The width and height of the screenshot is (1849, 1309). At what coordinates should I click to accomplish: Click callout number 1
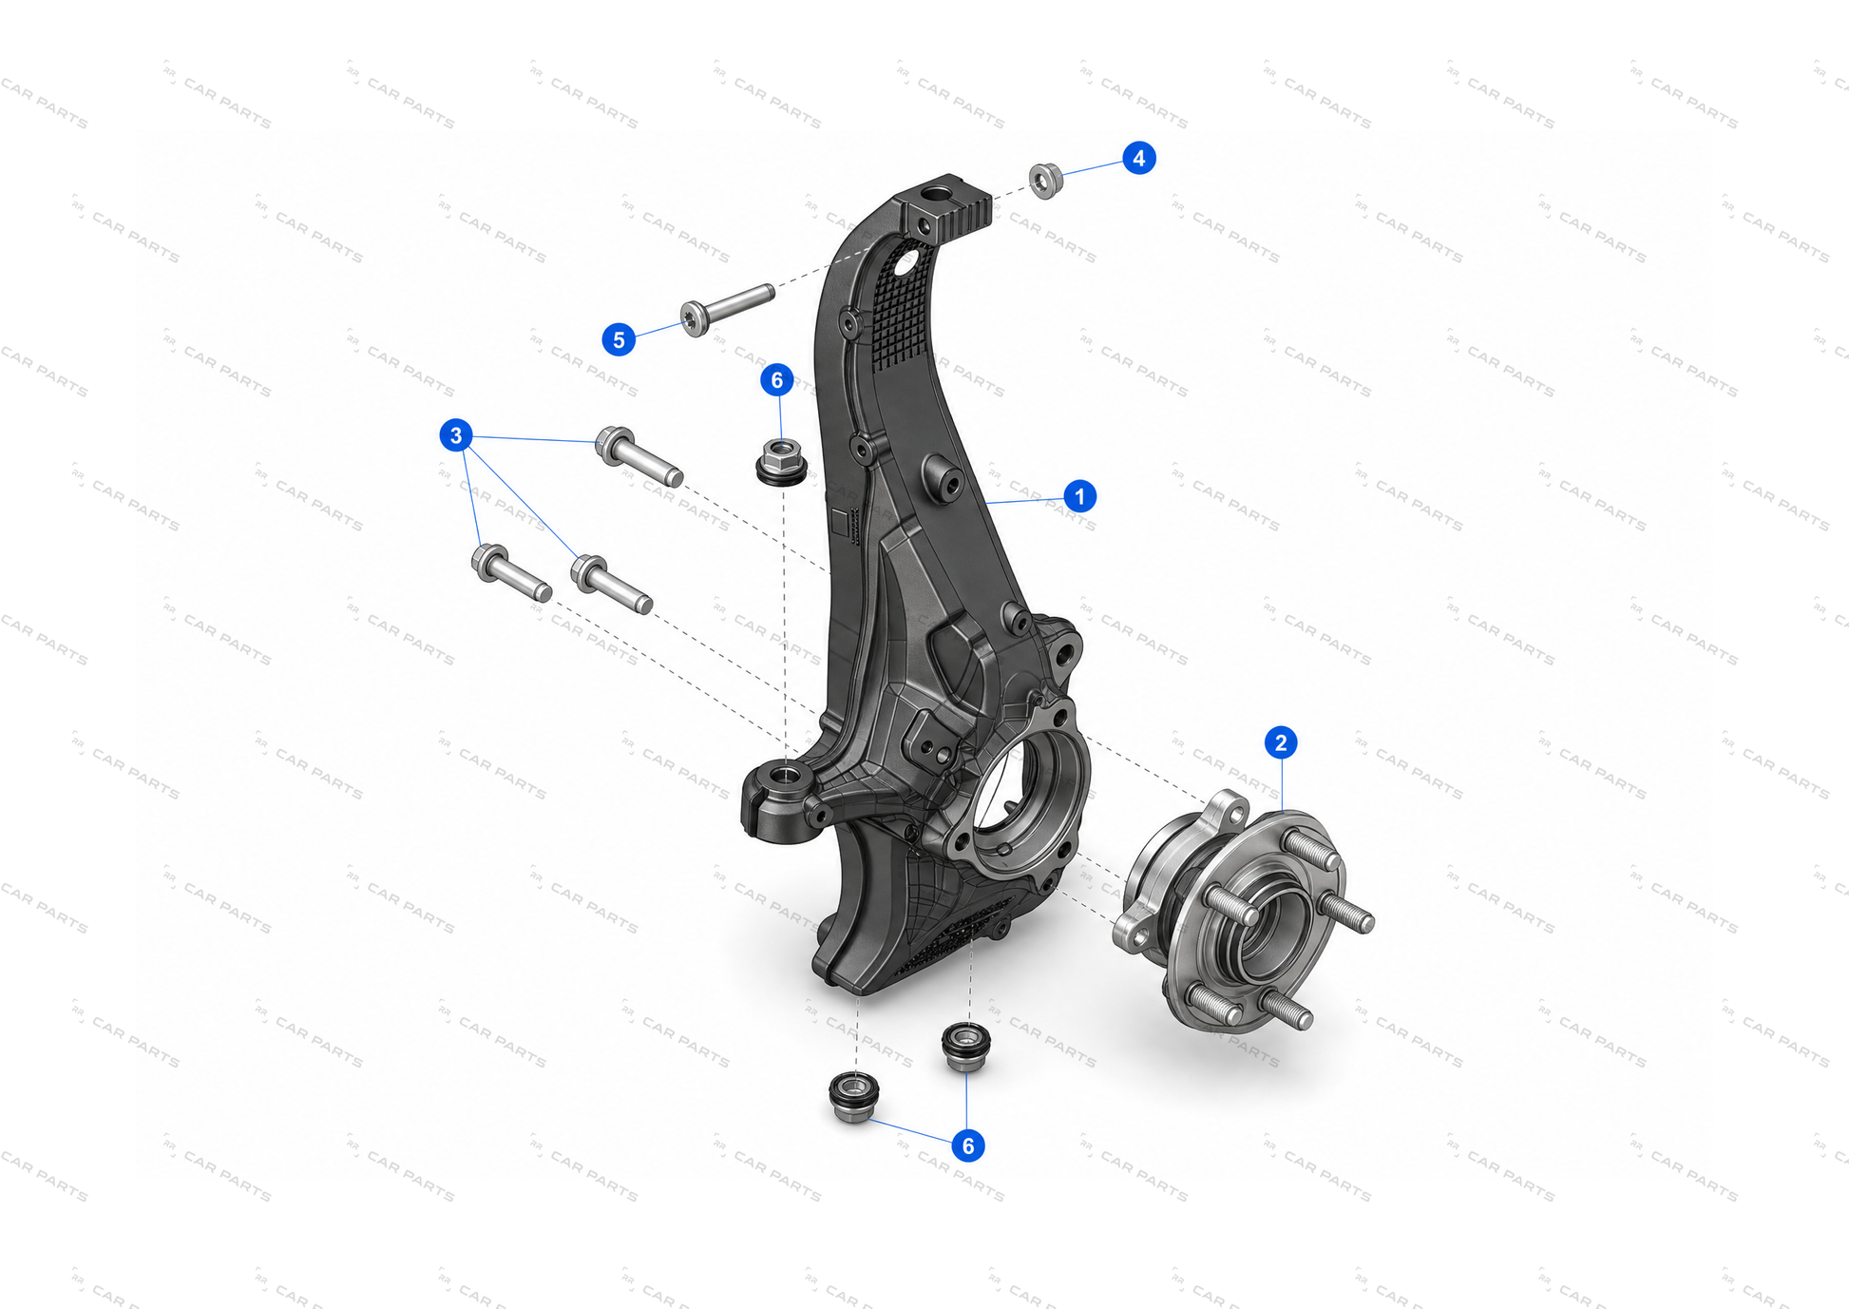tap(1079, 496)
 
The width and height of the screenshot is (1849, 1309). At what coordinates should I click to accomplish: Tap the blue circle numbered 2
tap(1281, 742)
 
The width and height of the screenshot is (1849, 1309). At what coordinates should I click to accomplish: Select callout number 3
tap(456, 435)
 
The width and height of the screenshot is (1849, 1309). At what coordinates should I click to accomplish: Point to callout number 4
tap(1139, 158)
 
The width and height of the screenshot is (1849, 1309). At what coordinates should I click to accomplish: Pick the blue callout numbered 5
tap(619, 339)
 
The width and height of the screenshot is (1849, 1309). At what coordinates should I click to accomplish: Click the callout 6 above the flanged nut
tap(777, 380)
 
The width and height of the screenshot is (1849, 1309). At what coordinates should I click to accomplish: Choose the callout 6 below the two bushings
tap(968, 1145)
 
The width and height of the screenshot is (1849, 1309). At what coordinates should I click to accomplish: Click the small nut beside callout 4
tap(1046, 181)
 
